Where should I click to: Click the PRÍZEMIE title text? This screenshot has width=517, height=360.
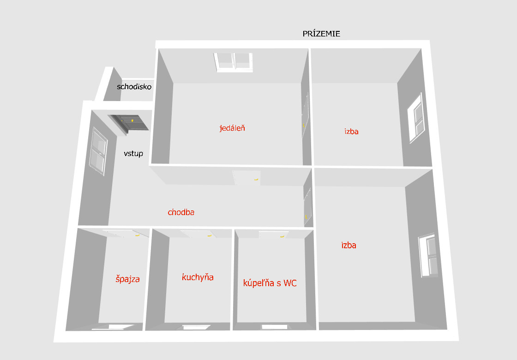pyautogui.click(x=321, y=33)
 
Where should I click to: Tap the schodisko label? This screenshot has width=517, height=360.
pyautogui.click(x=134, y=87)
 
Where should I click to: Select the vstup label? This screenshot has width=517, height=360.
pyautogui.click(x=133, y=154)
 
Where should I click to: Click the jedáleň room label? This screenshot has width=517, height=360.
pyautogui.click(x=232, y=127)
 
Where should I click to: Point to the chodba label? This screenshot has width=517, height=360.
pyautogui.click(x=181, y=212)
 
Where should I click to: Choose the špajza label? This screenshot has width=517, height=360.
pyautogui.click(x=127, y=279)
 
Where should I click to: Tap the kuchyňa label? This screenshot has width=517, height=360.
pyautogui.click(x=198, y=277)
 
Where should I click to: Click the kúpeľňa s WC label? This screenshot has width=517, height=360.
pyautogui.click(x=270, y=283)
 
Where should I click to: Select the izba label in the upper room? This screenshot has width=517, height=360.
pyautogui.click(x=351, y=131)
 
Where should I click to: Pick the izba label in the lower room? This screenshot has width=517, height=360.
pyautogui.click(x=349, y=245)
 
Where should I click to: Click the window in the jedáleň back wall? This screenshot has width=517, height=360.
pyautogui.click(x=234, y=62)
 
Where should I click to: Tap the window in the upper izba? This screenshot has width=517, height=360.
pyautogui.click(x=416, y=118)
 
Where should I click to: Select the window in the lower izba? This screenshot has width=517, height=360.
pyautogui.click(x=428, y=256)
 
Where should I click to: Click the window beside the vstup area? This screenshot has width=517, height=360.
pyautogui.click(x=98, y=151)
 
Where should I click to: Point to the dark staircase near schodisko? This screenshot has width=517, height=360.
pyautogui.click(x=129, y=123)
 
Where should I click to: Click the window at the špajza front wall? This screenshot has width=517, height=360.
pyautogui.click(x=113, y=327)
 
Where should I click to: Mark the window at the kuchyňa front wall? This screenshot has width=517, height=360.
pyautogui.click(x=197, y=327)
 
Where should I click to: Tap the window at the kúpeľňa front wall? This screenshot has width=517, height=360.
pyautogui.click(x=275, y=327)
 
